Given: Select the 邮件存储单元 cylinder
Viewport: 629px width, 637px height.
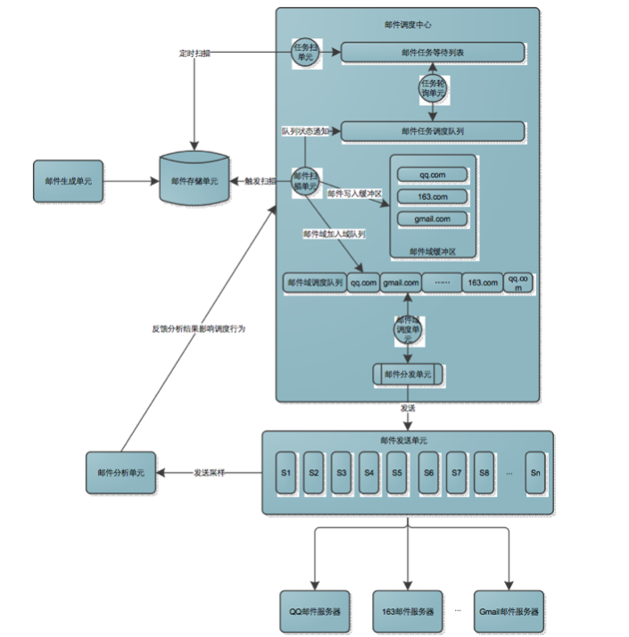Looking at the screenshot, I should [194, 181].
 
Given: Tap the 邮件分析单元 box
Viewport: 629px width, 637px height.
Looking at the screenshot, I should [120, 471].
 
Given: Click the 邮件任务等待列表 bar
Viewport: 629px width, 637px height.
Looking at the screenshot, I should [433, 54].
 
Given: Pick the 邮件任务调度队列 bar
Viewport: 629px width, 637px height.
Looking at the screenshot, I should [433, 131].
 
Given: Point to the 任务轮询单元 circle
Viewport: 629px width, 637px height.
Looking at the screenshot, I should [433, 88].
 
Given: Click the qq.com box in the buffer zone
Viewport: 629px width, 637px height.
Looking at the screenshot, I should [432, 174].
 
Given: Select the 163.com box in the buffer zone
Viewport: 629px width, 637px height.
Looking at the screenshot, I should [432, 196].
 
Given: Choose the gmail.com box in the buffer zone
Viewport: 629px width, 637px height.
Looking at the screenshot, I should [432, 219].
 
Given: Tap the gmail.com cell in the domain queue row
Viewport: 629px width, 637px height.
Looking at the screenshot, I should [400, 283].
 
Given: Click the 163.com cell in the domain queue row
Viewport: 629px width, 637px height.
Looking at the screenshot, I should [483, 283].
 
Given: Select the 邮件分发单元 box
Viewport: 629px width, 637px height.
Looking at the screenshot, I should [408, 375].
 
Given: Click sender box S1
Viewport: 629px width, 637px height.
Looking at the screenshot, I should [286, 473].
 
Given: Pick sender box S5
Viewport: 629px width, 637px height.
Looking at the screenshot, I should [397, 473].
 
